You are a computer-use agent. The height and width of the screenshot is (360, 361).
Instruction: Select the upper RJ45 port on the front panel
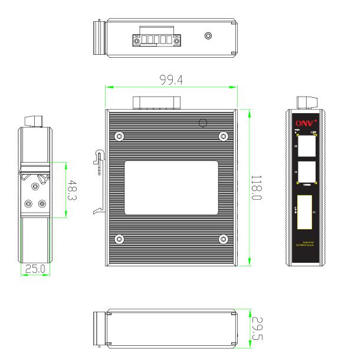307,146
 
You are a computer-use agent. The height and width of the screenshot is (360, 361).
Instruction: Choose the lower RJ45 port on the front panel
307,172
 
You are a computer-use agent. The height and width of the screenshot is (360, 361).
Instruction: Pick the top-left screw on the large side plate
120,136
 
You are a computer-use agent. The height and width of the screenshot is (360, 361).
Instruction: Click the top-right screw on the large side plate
223,136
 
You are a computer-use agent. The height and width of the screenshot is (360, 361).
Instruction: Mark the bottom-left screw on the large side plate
120,239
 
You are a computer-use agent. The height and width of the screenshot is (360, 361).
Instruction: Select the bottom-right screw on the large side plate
223,239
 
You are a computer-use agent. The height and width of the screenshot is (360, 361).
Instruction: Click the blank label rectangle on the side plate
171,187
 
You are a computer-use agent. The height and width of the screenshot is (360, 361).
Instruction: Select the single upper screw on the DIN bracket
36,187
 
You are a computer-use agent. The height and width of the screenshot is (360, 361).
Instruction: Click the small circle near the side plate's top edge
203,123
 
